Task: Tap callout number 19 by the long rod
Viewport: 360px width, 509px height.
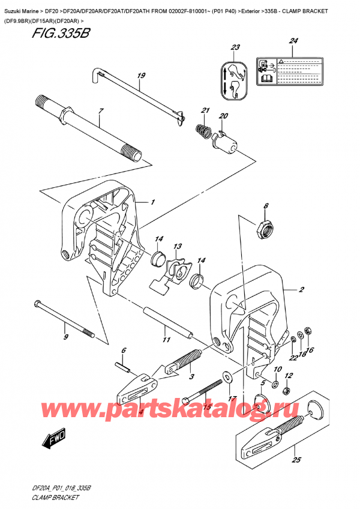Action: point(141,76)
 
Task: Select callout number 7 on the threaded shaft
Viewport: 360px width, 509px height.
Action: point(101,112)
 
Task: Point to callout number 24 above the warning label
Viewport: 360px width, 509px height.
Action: point(293,41)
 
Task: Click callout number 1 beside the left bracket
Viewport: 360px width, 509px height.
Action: point(153,202)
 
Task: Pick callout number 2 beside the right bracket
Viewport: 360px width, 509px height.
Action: point(301,290)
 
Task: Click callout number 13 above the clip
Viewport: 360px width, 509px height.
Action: point(178,247)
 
